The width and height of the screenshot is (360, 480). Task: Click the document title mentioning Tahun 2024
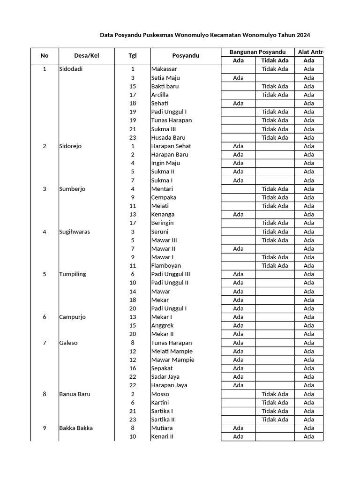click(x=205, y=35)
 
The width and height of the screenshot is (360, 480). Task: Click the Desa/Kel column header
click(x=87, y=56)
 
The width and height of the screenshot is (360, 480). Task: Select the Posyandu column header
click(x=186, y=56)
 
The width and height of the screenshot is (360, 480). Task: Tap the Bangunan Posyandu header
click(x=257, y=52)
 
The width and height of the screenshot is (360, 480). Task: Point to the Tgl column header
click(x=133, y=56)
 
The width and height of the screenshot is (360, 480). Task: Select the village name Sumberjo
click(x=72, y=189)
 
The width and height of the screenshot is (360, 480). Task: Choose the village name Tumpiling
click(x=73, y=274)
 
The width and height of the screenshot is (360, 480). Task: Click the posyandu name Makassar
click(x=165, y=69)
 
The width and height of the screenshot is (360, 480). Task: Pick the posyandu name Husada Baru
click(x=168, y=137)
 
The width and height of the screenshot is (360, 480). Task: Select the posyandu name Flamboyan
click(x=166, y=266)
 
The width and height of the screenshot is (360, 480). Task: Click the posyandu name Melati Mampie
click(x=172, y=351)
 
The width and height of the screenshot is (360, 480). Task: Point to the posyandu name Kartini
click(x=160, y=402)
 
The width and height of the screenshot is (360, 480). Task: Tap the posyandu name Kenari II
click(x=163, y=436)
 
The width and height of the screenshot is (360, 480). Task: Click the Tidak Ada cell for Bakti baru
click(x=275, y=86)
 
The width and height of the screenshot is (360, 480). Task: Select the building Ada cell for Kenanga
click(x=238, y=214)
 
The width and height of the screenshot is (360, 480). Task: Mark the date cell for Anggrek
click(x=133, y=325)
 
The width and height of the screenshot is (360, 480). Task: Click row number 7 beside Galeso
click(x=45, y=343)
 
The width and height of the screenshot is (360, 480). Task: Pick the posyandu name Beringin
click(x=163, y=223)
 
